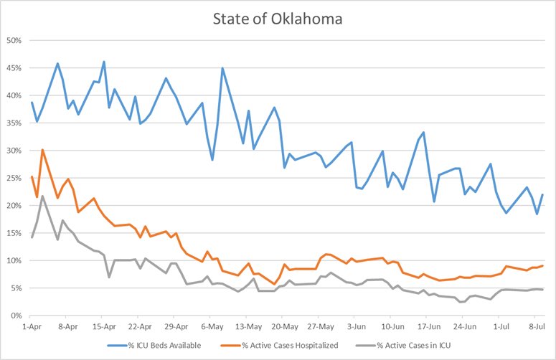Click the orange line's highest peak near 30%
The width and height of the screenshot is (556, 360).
click(x=42, y=150)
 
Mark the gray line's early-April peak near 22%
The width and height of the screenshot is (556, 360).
click(x=42, y=196)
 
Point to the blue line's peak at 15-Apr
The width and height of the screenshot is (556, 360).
click(x=104, y=62)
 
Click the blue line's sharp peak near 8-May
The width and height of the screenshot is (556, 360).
click(x=222, y=68)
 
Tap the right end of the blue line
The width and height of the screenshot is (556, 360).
click(x=543, y=194)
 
